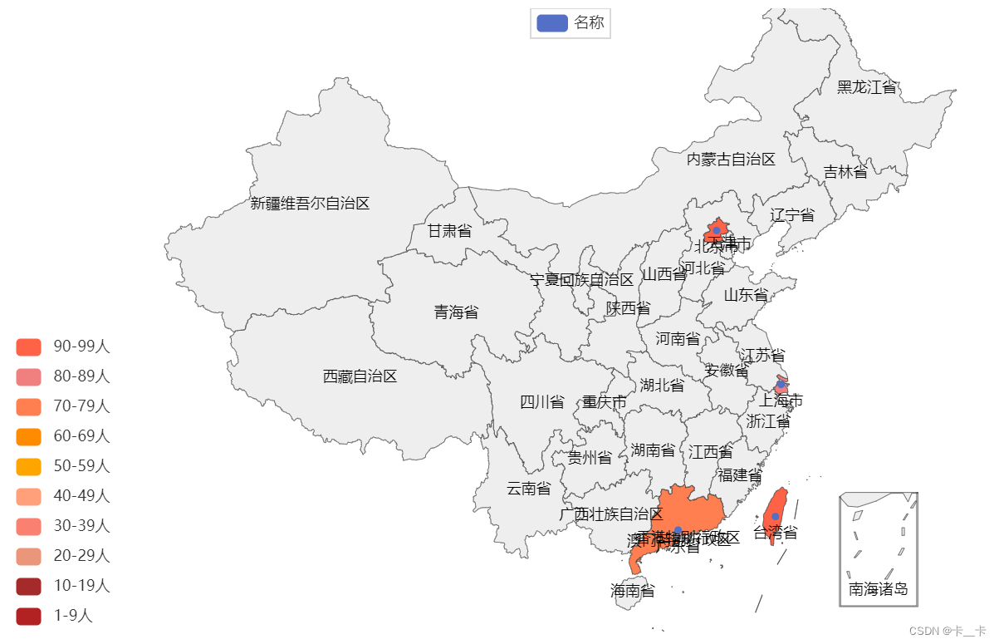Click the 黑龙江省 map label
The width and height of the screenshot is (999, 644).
(x=866, y=87)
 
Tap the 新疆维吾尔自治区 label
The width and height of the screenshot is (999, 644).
(x=310, y=203)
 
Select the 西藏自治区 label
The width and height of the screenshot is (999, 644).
(x=360, y=376)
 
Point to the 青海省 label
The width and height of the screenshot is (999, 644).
(x=456, y=312)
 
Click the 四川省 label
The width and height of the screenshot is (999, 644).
(x=541, y=403)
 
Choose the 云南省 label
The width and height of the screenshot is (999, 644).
(x=528, y=489)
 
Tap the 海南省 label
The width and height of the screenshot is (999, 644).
(x=632, y=592)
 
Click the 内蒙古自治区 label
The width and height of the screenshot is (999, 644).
(x=731, y=160)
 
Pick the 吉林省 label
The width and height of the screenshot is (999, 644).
(x=845, y=172)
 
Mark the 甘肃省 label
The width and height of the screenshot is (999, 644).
(x=449, y=231)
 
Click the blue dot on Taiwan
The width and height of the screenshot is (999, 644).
(x=775, y=516)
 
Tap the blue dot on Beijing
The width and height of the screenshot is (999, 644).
(x=716, y=230)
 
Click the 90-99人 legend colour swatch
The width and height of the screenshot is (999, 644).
(x=28, y=347)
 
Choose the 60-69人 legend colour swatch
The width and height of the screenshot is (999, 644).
(x=28, y=436)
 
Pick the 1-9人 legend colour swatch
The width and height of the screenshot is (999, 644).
(x=28, y=616)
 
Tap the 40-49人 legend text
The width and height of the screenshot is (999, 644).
(x=81, y=496)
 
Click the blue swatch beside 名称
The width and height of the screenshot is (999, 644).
(x=551, y=22)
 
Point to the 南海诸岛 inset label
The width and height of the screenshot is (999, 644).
(x=878, y=590)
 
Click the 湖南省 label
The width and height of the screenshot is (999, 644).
(x=653, y=450)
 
